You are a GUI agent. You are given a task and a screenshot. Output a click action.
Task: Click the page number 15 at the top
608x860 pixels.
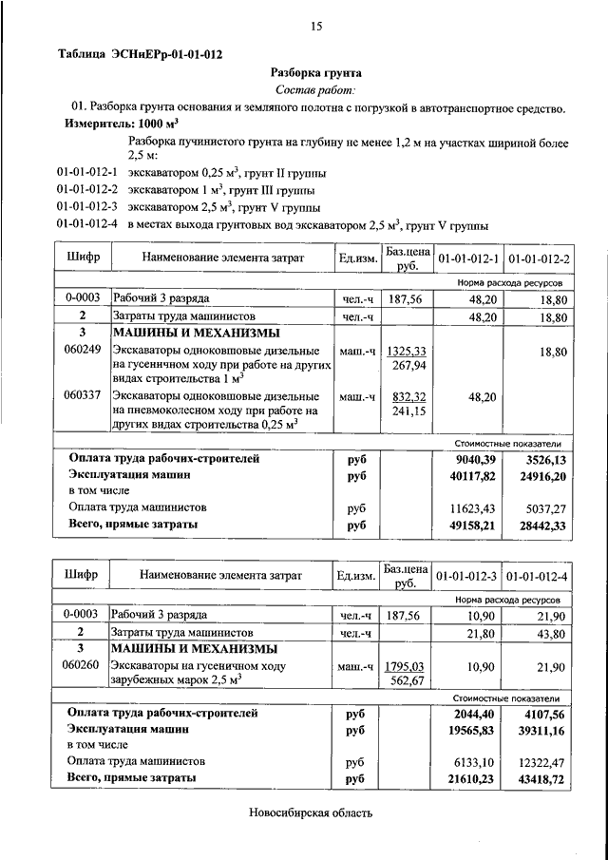(x=316, y=27)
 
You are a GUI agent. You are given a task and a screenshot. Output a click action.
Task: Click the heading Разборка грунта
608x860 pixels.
(x=316, y=72)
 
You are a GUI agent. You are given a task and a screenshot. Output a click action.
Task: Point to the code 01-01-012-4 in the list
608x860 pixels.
(x=86, y=225)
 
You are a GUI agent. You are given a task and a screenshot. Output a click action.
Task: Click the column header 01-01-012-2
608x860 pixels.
(x=539, y=258)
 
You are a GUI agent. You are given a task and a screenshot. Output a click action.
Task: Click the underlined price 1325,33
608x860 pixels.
(x=408, y=351)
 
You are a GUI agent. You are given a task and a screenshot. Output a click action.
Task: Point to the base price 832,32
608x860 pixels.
(x=408, y=396)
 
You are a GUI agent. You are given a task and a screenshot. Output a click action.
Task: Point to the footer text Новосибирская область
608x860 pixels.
(x=312, y=813)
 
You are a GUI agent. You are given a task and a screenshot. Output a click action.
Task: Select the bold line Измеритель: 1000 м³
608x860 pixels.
(x=122, y=124)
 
